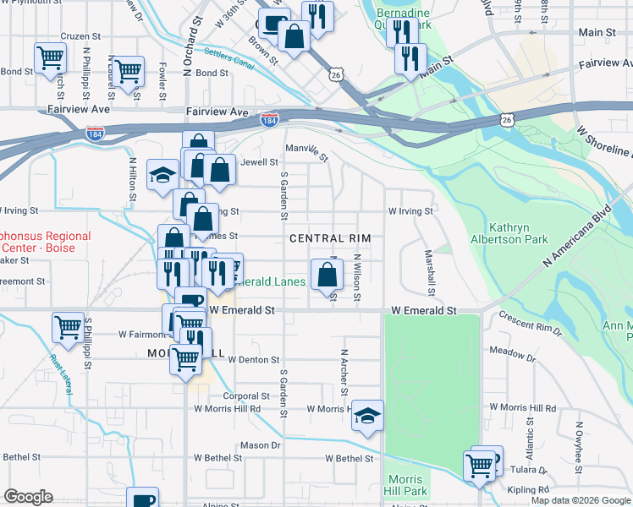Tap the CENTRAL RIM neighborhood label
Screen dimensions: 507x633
click(x=330, y=239)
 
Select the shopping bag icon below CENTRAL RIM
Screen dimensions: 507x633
click(x=327, y=275)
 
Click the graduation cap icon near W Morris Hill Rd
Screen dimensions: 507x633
click(x=366, y=415)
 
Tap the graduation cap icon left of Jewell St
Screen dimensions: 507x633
click(x=160, y=175)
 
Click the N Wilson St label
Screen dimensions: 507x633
click(x=358, y=276)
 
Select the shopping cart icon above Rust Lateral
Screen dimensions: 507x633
click(x=67, y=327)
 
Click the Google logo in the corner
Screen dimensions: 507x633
click(x=28, y=497)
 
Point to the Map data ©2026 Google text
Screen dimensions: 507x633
click(x=581, y=500)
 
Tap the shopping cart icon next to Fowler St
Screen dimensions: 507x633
click(x=128, y=71)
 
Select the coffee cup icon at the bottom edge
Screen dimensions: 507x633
click(x=142, y=498)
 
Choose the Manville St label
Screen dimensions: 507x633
click(x=306, y=151)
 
